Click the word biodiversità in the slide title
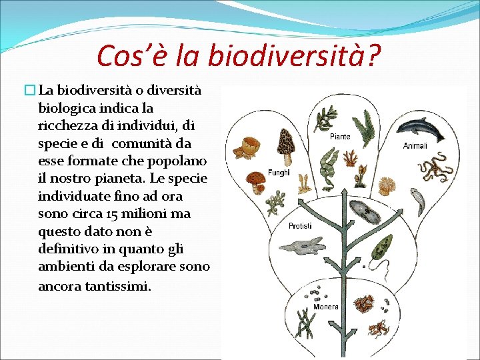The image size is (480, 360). [x=294, y=56]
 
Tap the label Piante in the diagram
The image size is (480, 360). [x=340, y=137]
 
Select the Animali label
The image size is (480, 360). [x=415, y=145]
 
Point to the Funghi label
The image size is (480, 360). [x=279, y=172]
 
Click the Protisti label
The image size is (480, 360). [x=300, y=226]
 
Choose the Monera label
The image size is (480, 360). [x=327, y=307]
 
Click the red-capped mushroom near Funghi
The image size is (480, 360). [x=256, y=181]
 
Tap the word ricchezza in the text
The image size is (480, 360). [x=69, y=125]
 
